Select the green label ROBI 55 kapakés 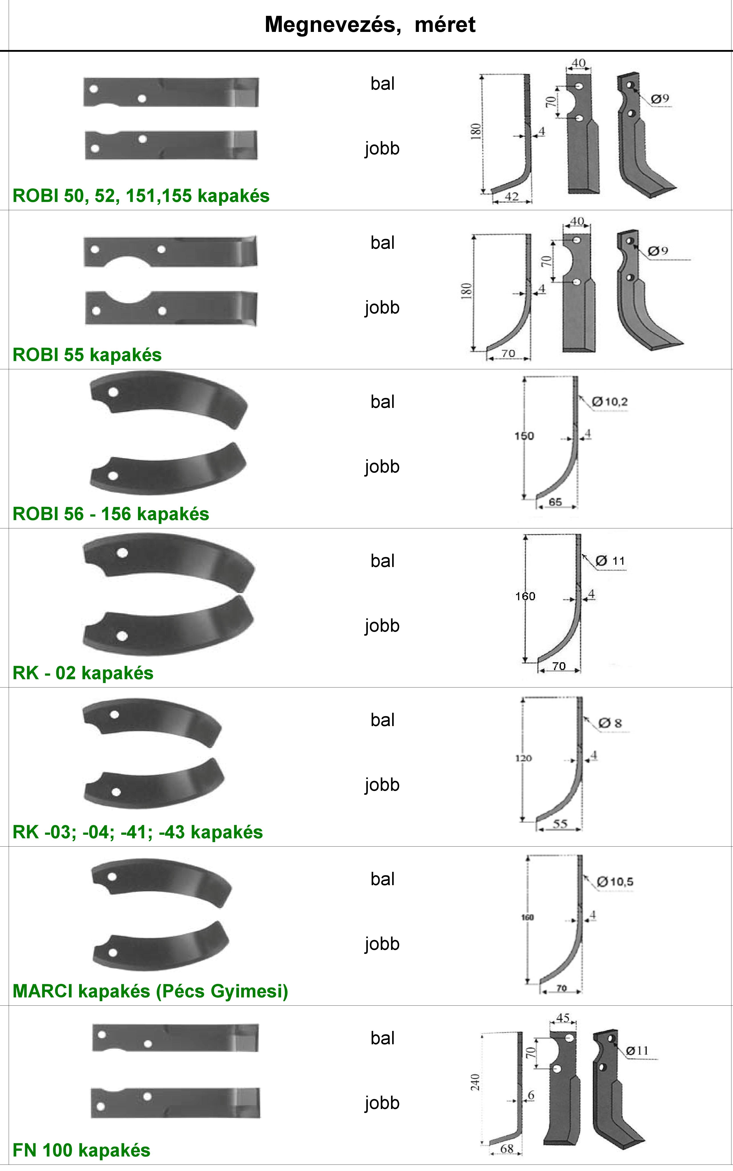87,355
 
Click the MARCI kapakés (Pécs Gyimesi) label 150,991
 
